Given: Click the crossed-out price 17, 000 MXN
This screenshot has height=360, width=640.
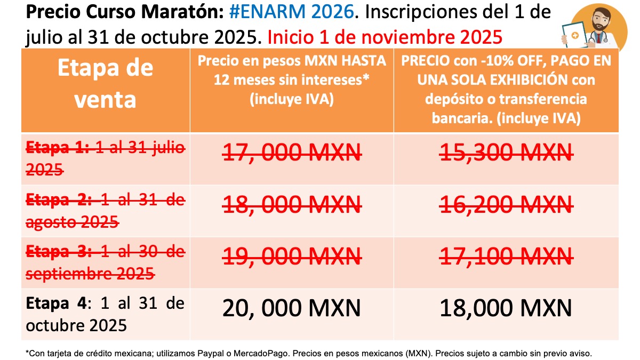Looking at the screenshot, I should click(x=292, y=153).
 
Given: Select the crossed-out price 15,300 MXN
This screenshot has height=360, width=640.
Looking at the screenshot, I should click(x=506, y=153).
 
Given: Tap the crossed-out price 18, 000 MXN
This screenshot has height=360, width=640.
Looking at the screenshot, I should click(x=292, y=205).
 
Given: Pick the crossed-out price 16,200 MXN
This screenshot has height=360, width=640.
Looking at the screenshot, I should click(x=506, y=205).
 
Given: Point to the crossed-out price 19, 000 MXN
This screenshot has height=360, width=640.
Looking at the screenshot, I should click(x=292, y=257).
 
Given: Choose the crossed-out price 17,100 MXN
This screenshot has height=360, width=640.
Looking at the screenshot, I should click(x=506, y=257).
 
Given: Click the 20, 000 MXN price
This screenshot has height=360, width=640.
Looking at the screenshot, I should click(x=292, y=308).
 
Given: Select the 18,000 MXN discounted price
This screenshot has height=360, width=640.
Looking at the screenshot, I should click(x=506, y=308).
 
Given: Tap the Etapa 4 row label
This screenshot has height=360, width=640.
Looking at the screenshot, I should click(x=105, y=314).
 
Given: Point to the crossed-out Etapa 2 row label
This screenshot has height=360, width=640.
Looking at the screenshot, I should click(x=105, y=211).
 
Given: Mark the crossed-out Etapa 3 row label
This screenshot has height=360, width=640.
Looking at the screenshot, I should click(x=105, y=262).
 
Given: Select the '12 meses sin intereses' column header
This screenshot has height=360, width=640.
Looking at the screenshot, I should click(x=292, y=80).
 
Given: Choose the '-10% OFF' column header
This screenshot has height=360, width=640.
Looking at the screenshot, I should click(x=506, y=89).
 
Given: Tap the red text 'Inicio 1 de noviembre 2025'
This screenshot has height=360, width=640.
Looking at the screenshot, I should click(x=385, y=37).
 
